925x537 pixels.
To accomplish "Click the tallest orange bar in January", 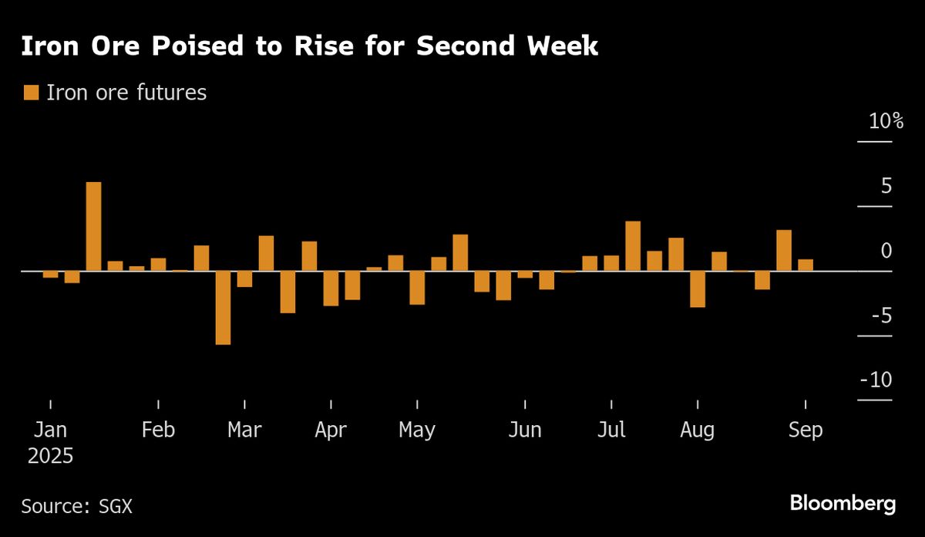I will pyautogui.click(x=93, y=227).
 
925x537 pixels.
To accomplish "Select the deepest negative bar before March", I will pyautogui.click(x=223, y=308).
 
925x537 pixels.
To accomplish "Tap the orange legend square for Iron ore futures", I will pyautogui.click(x=31, y=93).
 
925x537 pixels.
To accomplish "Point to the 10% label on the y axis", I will pyautogui.click(x=886, y=121).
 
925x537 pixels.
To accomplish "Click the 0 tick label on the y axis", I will pyautogui.click(x=886, y=251).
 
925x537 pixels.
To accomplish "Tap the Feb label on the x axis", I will pyautogui.click(x=158, y=430).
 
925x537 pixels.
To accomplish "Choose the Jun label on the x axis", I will pyautogui.click(x=525, y=430).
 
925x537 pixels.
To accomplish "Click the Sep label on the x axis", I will pyautogui.click(x=806, y=430).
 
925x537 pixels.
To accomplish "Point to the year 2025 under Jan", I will pyautogui.click(x=50, y=455).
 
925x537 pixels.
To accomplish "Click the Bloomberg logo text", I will pyautogui.click(x=843, y=504).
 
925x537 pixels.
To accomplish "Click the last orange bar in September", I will pyautogui.click(x=806, y=265).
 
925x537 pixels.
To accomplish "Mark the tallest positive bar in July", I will pyautogui.click(x=633, y=246).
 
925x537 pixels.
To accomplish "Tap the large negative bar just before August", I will pyautogui.click(x=698, y=289).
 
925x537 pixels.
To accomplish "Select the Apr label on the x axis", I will pyautogui.click(x=331, y=430).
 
